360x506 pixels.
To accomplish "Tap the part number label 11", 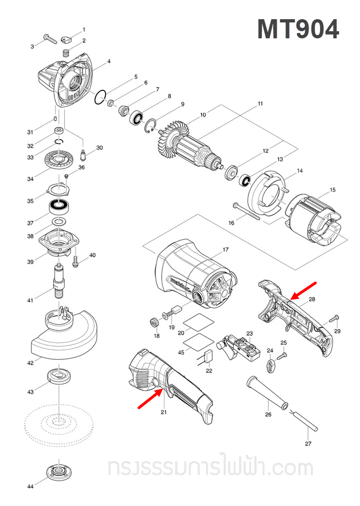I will (260, 104).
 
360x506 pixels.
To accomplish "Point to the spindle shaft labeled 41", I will (58, 280).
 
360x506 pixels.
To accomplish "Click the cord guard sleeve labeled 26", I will (268, 392).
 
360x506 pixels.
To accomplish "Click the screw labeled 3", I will (49, 39).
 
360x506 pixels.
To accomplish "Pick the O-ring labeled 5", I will (100, 98).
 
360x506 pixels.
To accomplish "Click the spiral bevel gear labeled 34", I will (58, 160).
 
